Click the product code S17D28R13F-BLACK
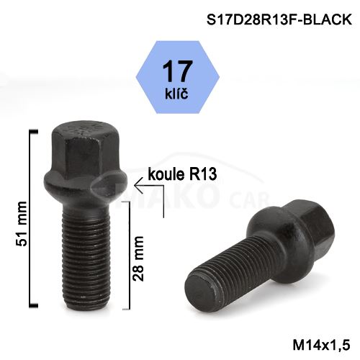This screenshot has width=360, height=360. tap(279, 19)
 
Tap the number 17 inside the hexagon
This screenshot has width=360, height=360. tap(177, 71)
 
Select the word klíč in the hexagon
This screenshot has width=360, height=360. tap(176, 94)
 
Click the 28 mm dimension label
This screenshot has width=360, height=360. tap(138, 258)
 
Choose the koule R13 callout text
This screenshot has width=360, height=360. tap(182, 174)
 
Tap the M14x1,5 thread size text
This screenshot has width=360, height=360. tap(322, 345)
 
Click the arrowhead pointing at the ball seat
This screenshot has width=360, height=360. tap(139, 186)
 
